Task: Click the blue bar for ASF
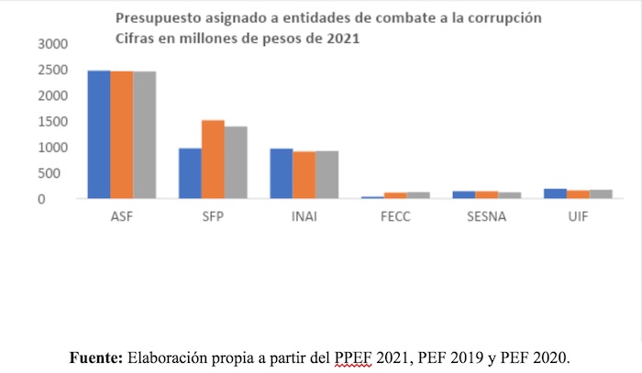pos(99,135)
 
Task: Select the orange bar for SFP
pos(213,159)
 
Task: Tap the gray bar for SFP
pos(236,162)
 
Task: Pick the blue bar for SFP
pos(190,173)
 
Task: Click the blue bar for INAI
pos(282,173)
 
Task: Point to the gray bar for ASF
pos(144,135)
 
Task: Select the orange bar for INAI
pos(304,175)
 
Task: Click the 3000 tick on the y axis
pos(52,44)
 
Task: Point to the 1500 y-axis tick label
pos(52,121)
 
